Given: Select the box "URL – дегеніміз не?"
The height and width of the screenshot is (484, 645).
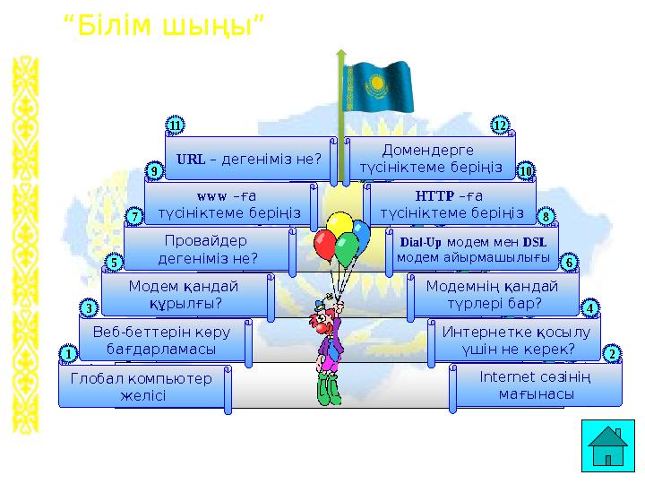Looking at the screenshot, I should coord(250,158).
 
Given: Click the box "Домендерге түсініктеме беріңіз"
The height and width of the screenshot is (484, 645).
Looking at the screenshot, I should coord(430,159).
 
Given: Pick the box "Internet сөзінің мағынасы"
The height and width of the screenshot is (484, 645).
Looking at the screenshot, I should coord(536,386).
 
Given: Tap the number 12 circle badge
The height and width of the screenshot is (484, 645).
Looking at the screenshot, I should coord(501,125).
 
